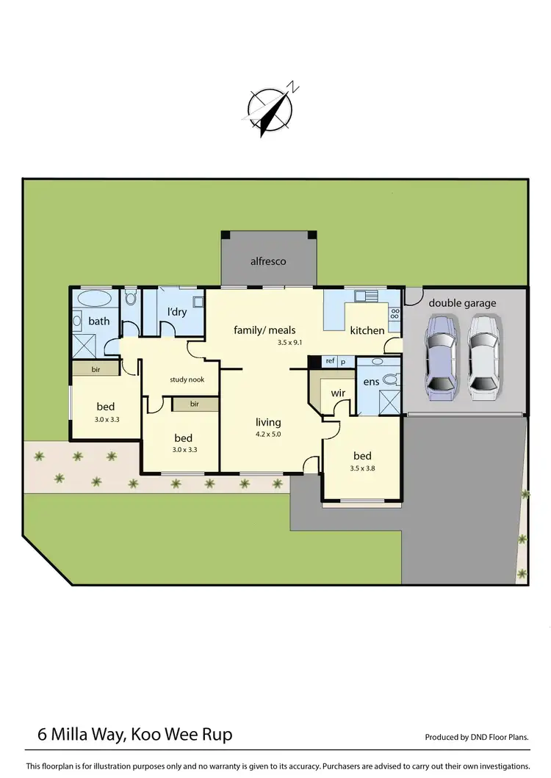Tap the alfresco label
(x=267, y=261)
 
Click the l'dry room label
(x=176, y=312)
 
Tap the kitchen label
(x=367, y=330)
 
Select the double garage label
(x=462, y=303)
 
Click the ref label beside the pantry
(x=330, y=361)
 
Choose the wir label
(x=338, y=393)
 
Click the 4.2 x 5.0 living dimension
(x=268, y=435)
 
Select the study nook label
(x=187, y=379)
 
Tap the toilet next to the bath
(x=130, y=298)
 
